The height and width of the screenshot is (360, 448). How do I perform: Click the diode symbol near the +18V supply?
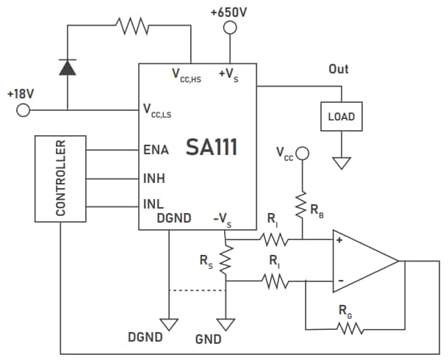tap(67, 68)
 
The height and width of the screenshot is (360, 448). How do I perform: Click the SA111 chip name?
tap(212, 148)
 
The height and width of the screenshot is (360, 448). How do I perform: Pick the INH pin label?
tap(154, 177)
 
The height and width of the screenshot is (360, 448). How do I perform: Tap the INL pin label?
tap(153, 204)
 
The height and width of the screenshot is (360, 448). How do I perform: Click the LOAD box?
tap(341, 116)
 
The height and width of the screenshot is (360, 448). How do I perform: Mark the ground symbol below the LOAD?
tap(341, 162)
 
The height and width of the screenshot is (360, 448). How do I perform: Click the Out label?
tap(339, 69)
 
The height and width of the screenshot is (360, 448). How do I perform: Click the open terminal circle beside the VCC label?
tap(302, 153)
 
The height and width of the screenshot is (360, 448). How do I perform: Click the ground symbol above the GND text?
tap(226, 323)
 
